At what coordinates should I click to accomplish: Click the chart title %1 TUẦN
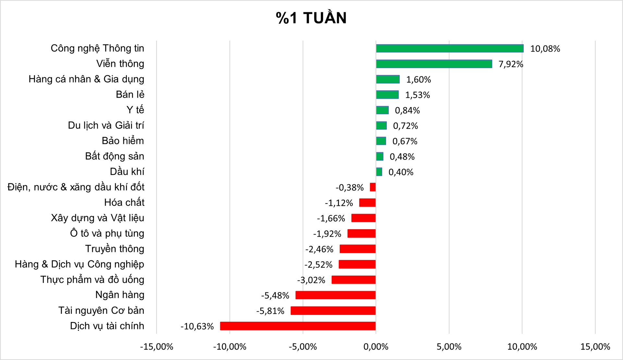311,18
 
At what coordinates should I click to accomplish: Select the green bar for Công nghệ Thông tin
449,48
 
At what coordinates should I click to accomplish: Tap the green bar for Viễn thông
434,64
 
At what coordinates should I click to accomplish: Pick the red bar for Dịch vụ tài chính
298,326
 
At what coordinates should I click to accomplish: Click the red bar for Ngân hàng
336,295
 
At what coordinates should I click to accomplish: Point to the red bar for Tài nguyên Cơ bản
333,311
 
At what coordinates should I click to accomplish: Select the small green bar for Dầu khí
379,172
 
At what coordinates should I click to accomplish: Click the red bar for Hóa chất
367,203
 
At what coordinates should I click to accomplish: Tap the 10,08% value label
545,49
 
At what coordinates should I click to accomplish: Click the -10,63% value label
197,326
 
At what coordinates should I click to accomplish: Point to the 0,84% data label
407,110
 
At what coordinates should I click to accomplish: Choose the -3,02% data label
311,280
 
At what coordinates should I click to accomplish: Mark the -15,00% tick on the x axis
156,347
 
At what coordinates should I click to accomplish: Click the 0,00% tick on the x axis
376,347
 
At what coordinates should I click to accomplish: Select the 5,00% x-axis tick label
449,347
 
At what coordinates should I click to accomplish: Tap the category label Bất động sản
114,156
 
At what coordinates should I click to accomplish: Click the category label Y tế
135,110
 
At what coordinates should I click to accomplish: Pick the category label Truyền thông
114,249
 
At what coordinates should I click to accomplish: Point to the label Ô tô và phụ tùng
107,233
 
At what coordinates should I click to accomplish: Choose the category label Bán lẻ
130,94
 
